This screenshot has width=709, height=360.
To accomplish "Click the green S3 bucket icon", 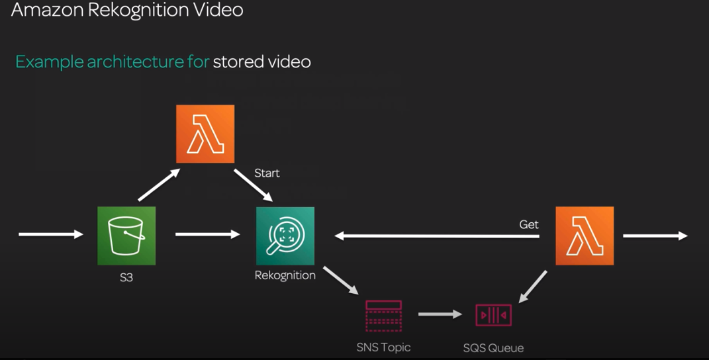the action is [126, 235].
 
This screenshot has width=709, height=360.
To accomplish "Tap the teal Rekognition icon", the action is [285, 236].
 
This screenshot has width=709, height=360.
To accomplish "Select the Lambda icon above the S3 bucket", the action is [205, 134].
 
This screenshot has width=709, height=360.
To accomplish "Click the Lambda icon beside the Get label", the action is [585, 236].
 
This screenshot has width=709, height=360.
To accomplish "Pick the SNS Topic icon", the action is [384, 316].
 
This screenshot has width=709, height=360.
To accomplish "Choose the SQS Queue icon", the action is [494, 315].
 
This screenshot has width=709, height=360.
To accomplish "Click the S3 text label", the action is [126, 277].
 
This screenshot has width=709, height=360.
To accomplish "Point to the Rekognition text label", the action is [285, 275].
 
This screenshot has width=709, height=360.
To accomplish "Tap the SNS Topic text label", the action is [384, 347].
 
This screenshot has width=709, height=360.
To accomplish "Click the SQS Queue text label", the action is [494, 348].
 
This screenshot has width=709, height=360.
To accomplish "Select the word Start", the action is [267, 173].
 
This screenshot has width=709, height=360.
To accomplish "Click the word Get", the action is [529, 224].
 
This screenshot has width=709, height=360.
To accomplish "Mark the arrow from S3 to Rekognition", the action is [207, 234].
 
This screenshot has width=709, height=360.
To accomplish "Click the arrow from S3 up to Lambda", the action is [159, 185].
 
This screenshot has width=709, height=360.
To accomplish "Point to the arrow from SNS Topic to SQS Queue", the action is [440, 314].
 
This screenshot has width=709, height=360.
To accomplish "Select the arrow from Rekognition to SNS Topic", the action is [341, 281].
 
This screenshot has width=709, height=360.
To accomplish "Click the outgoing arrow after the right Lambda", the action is [655, 236].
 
